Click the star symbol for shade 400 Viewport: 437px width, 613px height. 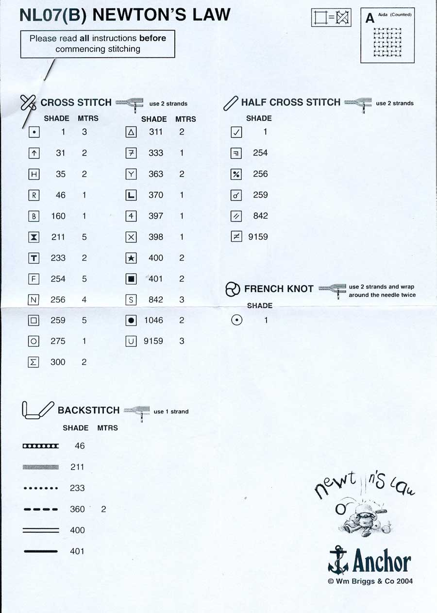point(131,258)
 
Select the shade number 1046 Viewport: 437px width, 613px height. point(153,321)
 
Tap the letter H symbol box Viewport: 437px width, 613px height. point(34,174)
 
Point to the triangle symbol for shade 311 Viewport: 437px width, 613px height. point(131,132)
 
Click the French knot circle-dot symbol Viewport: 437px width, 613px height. point(236,321)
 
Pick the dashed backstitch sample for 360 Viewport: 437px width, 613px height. point(40,510)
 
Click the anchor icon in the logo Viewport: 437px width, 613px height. point(338,560)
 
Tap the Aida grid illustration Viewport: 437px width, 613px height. point(387,42)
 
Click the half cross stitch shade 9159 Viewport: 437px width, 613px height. point(258,237)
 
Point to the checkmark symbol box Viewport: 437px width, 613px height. point(236,132)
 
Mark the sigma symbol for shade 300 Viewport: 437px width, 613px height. point(34,362)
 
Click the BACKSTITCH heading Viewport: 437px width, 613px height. point(88,410)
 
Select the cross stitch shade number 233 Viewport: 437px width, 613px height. point(58,258)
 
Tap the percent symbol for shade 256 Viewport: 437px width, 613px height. point(236,174)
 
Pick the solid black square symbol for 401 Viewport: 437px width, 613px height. point(131,279)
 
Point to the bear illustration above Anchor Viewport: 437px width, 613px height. point(362,522)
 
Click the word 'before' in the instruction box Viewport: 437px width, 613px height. point(152,38)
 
